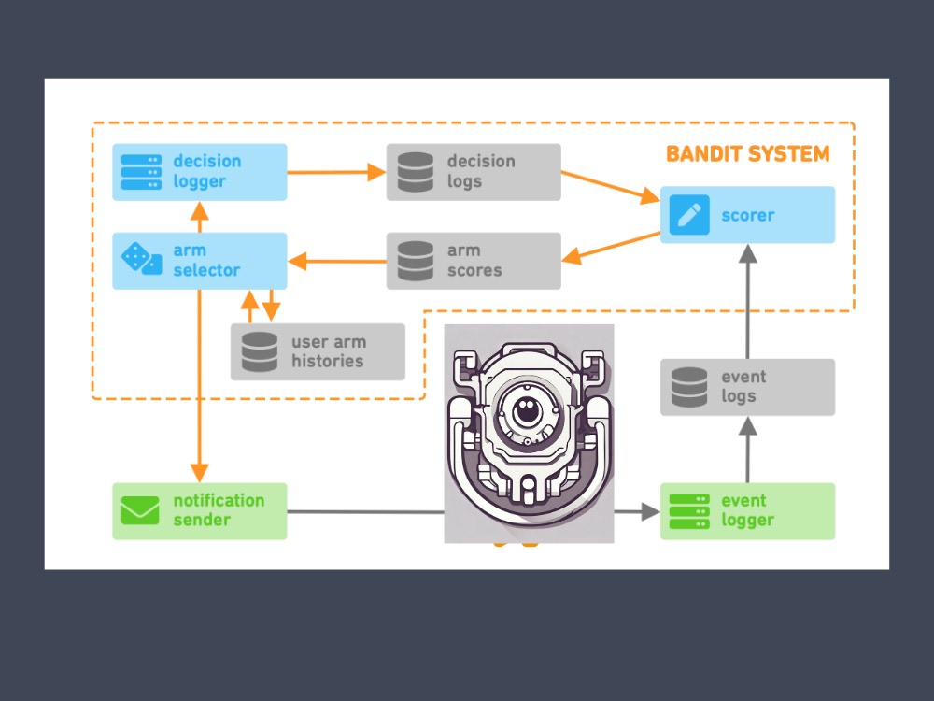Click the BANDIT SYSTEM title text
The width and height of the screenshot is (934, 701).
click(x=747, y=154)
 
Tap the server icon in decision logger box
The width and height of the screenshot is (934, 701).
click(x=141, y=172)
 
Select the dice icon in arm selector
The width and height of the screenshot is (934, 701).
click(x=141, y=259)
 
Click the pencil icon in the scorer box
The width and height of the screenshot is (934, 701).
click(x=689, y=215)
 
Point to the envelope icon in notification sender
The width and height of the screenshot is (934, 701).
click(x=140, y=511)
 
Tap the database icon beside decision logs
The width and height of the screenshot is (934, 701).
click(x=416, y=172)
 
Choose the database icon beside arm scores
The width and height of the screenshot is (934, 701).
click(x=416, y=261)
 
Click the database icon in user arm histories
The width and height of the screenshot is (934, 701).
click(x=260, y=351)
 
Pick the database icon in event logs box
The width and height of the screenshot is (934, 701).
click(x=689, y=388)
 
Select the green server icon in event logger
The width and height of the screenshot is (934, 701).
click(x=689, y=511)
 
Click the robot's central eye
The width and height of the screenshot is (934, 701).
click(x=527, y=410)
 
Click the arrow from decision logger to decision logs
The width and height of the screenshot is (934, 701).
click(x=336, y=172)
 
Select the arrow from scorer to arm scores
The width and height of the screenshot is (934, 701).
click(x=611, y=248)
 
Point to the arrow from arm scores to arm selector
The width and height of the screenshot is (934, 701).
click(x=336, y=261)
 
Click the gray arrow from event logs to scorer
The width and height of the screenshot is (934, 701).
click(x=747, y=301)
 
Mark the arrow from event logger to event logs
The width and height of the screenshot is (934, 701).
click(x=747, y=450)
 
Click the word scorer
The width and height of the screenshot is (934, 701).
click(x=747, y=215)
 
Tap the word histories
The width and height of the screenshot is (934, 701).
click(x=327, y=361)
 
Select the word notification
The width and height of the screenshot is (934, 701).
click(x=219, y=500)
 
